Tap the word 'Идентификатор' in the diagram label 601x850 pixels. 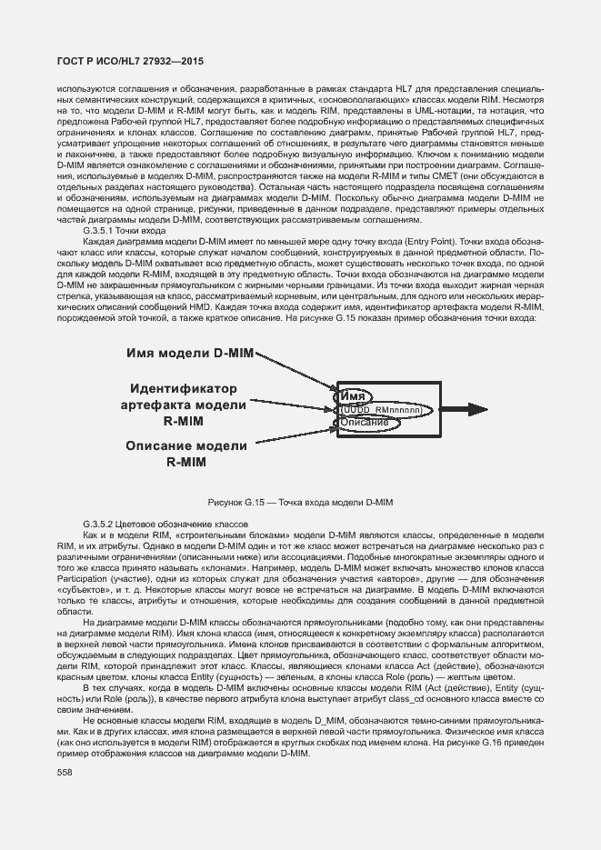(188, 387)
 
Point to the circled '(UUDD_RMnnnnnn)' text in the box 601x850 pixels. (382, 411)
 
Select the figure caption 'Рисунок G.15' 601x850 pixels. (300, 502)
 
